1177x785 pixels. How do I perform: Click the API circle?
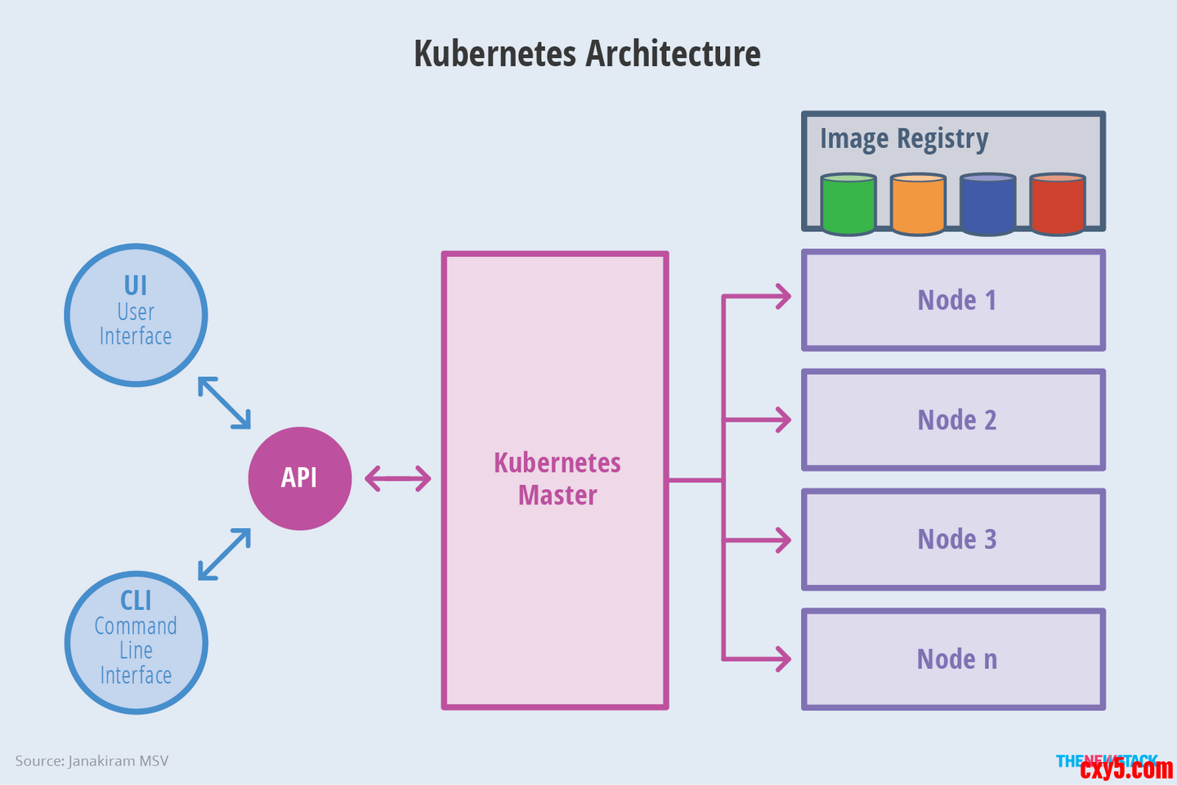click(300, 478)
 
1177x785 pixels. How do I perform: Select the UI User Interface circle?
click(136, 315)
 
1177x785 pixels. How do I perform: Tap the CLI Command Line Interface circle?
click(136, 642)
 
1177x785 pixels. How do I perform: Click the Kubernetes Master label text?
click(557, 479)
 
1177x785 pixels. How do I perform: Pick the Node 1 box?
click(954, 300)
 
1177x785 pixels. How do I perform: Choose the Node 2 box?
click(954, 419)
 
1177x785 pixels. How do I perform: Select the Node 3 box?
click(954, 540)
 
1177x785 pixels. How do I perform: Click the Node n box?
click(954, 659)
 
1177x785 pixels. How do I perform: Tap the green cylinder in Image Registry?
click(848, 204)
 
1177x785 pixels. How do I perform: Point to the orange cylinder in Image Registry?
click(918, 204)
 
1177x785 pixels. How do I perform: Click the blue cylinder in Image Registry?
click(987, 204)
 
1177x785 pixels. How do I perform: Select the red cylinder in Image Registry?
click(1058, 204)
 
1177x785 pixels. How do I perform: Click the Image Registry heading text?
click(904, 139)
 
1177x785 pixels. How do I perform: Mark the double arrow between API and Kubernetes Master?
click(398, 478)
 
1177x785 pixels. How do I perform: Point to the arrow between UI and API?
click(224, 402)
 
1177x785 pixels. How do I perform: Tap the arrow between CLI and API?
click(224, 554)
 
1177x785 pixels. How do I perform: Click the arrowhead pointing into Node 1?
click(784, 296)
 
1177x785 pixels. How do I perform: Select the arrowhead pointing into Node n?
click(784, 658)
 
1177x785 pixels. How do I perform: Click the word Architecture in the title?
click(674, 54)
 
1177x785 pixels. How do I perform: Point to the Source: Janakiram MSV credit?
click(92, 760)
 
